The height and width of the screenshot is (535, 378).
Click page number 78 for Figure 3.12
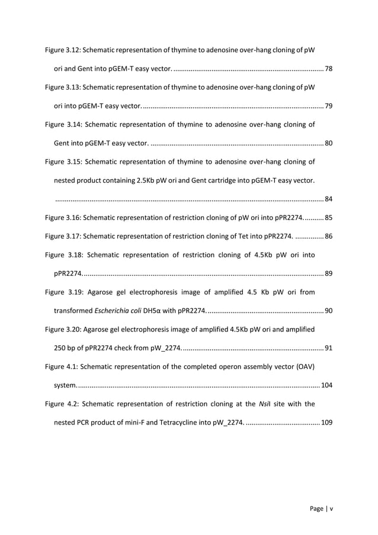(x=328, y=69)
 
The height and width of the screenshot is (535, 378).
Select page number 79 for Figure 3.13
(x=328, y=106)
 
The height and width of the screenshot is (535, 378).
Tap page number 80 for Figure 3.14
(x=328, y=143)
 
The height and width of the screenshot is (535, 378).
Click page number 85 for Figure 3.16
(x=328, y=217)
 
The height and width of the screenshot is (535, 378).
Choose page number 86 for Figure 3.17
(x=328, y=236)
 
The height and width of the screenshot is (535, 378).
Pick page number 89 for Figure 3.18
(x=328, y=273)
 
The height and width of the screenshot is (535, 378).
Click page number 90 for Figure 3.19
(x=328, y=310)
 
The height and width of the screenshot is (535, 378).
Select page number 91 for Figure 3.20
(x=328, y=347)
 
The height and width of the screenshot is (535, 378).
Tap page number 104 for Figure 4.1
(x=326, y=386)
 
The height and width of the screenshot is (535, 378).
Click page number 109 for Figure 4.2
(x=326, y=422)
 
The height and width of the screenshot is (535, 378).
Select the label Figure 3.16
(x=63, y=217)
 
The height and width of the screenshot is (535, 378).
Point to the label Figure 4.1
(x=61, y=366)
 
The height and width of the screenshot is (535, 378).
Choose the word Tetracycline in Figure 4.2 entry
(x=167, y=422)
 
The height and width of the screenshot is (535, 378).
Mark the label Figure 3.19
(x=63, y=292)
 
